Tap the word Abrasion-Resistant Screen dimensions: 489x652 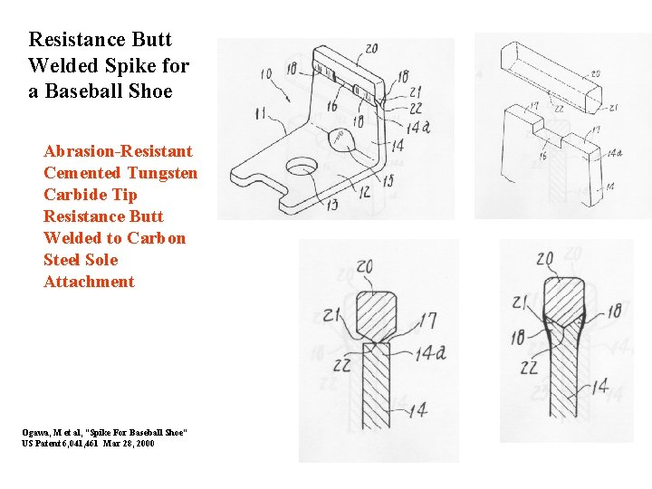point(118,150)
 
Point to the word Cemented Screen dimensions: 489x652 point(81,172)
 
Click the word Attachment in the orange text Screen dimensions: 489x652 point(89,281)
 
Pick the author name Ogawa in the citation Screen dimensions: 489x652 point(37,434)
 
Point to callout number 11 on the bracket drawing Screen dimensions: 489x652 point(262,113)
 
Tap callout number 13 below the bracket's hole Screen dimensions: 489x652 point(332,206)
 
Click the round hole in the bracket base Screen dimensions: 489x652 point(302,166)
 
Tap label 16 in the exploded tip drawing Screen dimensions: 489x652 point(542,155)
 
